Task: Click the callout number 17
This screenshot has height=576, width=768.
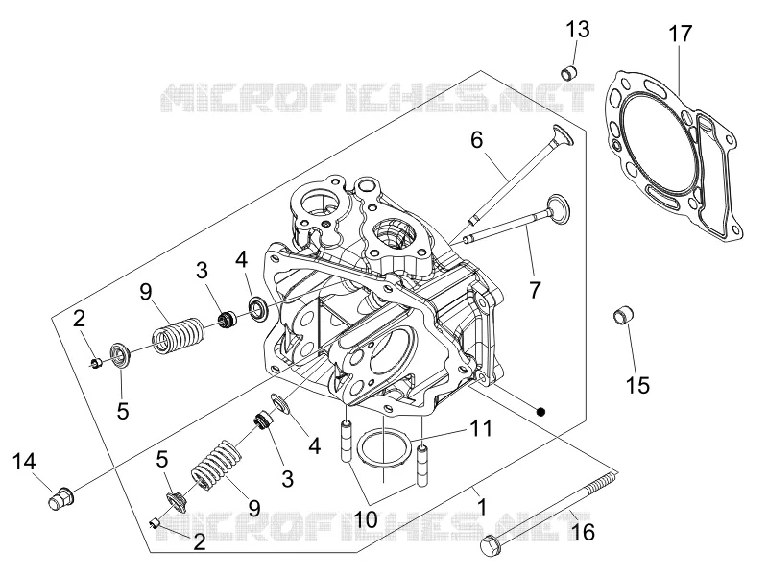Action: tap(681, 34)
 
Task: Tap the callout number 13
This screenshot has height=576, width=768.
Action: tap(578, 30)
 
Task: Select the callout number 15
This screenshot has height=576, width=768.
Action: tap(638, 385)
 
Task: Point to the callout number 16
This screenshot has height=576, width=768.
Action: tap(583, 532)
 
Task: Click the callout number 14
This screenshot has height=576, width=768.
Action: tap(23, 462)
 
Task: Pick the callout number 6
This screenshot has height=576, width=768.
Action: tap(476, 140)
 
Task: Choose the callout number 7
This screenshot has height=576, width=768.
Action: tap(535, 290)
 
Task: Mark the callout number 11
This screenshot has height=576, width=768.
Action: tap(481, 428)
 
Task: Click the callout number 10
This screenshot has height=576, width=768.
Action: tap(366, 519)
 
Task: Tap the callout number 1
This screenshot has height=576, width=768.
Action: tap(482, 508)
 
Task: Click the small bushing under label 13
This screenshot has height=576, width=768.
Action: tap(569, 74)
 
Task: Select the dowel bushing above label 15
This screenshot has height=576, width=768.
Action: tap(623, 315)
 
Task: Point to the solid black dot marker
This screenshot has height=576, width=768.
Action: tap(540, 412)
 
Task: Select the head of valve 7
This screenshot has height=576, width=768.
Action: tap(560, 207)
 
